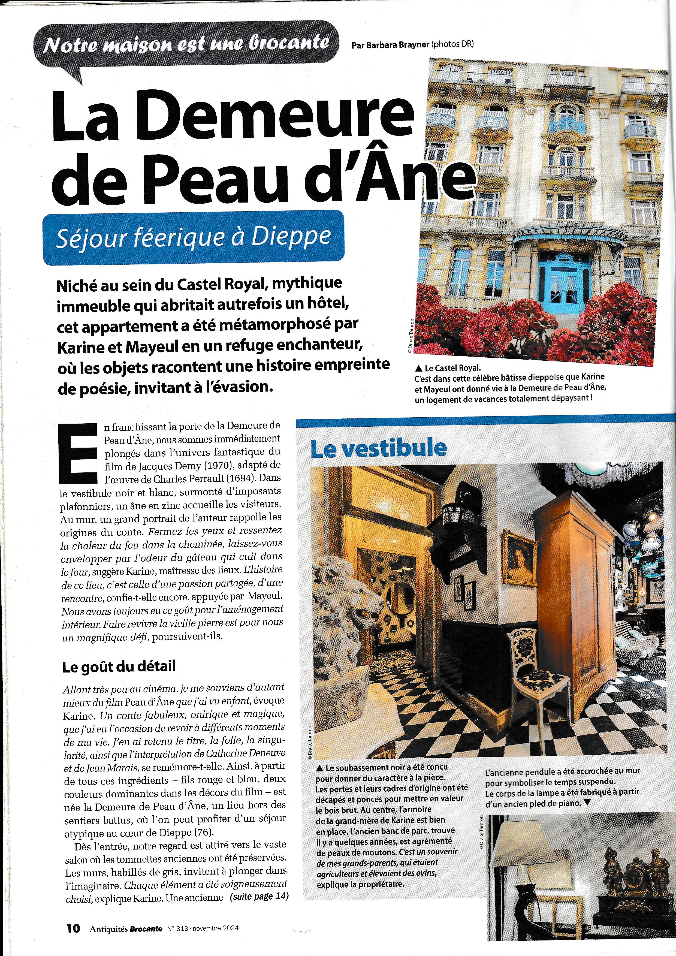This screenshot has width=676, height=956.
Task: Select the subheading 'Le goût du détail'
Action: click(x=119, y=666)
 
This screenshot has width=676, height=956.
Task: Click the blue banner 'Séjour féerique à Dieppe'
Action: click(x=193, y=238)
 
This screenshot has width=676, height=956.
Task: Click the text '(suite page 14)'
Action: click(x=259, y=896)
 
